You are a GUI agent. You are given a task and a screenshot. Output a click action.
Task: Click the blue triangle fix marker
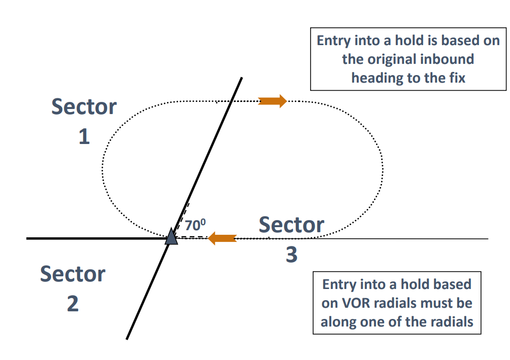pos(172,237)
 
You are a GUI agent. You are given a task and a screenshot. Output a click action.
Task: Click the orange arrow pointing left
pos(222,237)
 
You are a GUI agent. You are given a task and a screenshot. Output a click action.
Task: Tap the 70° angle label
pos(195,225)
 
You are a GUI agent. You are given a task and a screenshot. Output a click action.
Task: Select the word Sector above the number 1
pos(84,107)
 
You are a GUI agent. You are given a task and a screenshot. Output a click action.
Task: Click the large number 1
pos(84,136)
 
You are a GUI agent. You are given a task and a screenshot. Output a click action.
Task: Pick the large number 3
pos(291,255)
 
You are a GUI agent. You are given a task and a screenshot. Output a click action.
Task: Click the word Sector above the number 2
pos(73,274)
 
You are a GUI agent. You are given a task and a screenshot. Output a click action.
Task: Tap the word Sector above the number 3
pos(291,225)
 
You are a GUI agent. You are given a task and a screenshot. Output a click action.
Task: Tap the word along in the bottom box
pos(339,321)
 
